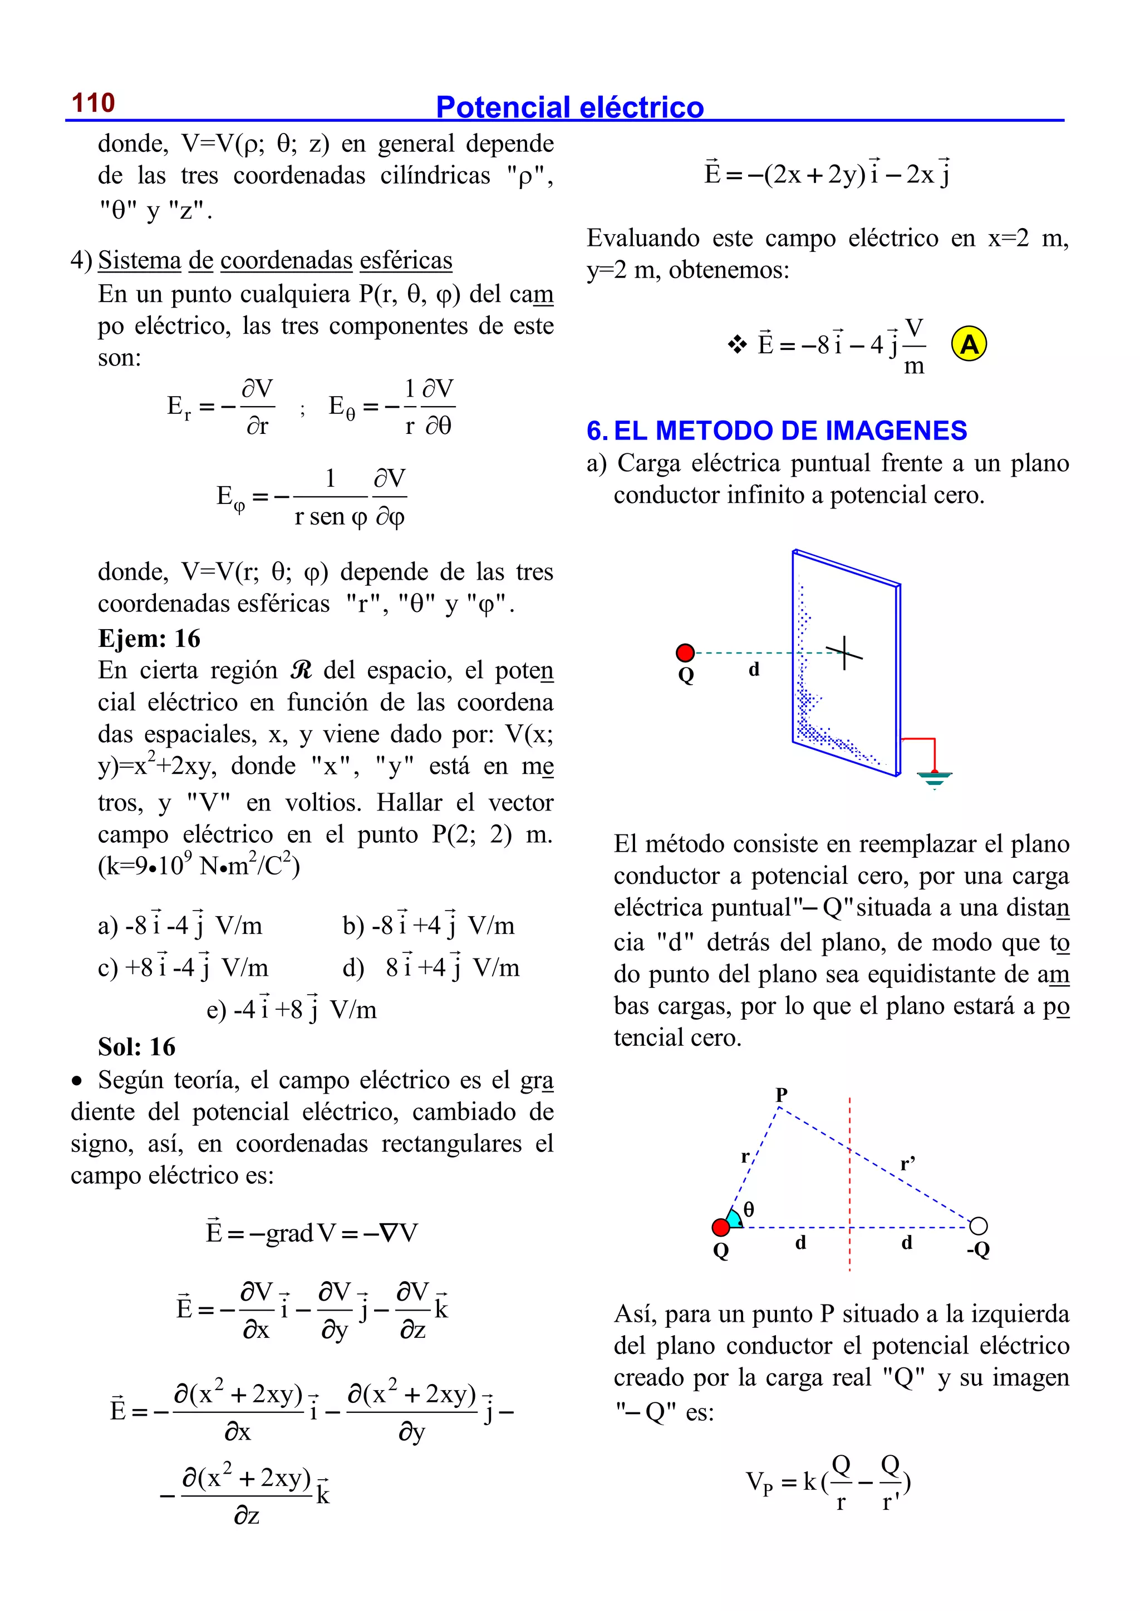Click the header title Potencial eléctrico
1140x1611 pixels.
coord(569,107)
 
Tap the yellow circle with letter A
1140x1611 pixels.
coord(969,344)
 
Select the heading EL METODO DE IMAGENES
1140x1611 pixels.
coord(790,430)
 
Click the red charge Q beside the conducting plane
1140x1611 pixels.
coord(685,653)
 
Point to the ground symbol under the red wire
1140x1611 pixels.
coord(935,778)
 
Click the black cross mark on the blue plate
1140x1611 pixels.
coord(844,653)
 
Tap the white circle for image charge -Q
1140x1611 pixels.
coord(978,1226)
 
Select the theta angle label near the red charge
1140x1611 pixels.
coord(749,1209)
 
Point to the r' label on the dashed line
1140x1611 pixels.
coord(908,1165)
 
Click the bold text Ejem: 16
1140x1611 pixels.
coord(149,639)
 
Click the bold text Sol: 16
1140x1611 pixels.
coord(136,1046)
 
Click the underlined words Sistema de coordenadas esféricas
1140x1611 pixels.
coord(274,260)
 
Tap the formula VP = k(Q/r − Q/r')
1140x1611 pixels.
coord(828,1482)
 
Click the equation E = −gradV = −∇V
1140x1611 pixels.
coord(311,1232)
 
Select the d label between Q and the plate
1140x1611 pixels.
coord(754,669)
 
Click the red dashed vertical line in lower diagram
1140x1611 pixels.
coord(849,1186)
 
